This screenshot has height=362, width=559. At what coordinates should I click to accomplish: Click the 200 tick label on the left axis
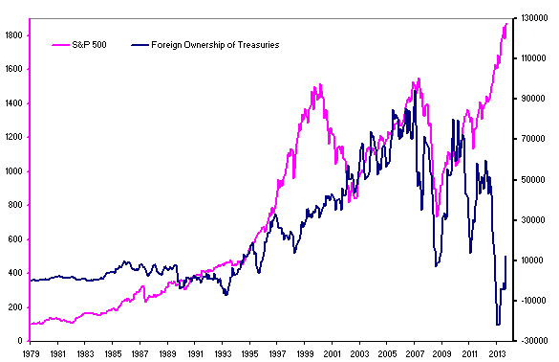(15, 307)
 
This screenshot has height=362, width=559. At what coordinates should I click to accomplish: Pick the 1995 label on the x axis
(250, 353)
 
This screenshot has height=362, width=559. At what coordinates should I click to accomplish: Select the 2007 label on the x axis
(414, 353)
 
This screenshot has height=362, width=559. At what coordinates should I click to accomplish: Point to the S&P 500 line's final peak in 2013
(506, 24)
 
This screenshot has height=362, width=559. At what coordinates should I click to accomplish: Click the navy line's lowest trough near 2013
(498, 325)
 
